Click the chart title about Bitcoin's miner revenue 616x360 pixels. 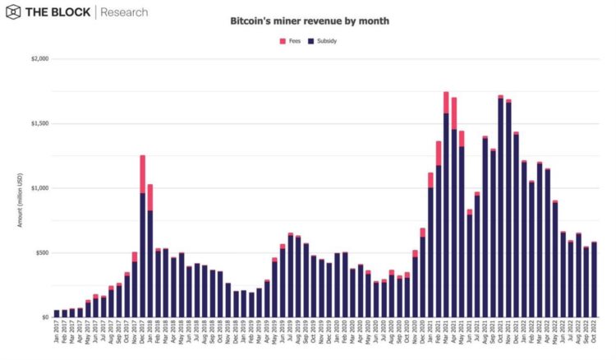(309, 20)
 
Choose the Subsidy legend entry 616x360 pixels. (321, 40)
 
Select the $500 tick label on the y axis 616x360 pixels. (40, 252)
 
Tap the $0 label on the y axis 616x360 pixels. (44, 317)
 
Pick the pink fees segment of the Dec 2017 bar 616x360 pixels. (142, 174)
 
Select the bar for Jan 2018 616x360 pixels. (150, 255)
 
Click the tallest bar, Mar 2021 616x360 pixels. (446, 214)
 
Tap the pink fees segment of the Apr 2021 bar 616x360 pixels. (454, 113)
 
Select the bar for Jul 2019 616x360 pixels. (291, 276)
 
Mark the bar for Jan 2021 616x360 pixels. (430, 247)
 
